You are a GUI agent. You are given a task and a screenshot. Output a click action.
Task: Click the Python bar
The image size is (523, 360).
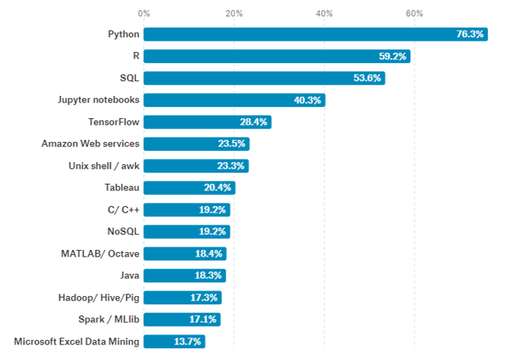point(315,34)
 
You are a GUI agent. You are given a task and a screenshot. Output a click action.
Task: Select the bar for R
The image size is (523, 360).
point(277,57)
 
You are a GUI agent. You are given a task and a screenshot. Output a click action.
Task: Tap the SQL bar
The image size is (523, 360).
point(264,78)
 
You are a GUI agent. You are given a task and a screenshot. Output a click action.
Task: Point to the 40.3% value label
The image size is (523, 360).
point(307,100)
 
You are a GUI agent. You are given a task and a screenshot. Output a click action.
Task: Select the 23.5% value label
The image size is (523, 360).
point(232,144)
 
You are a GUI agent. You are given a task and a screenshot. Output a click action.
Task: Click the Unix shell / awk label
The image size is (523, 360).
point(103,166)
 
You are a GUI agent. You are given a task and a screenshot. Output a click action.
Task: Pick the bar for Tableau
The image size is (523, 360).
point(189,188)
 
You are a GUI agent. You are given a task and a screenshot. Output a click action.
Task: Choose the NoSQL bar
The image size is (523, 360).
point(187,232)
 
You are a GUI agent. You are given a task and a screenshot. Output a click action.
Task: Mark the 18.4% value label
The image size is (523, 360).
point(209,254)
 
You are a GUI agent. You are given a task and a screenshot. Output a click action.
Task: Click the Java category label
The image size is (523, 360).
point(129,276)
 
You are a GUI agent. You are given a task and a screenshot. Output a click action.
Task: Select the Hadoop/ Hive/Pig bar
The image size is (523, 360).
point(182,298)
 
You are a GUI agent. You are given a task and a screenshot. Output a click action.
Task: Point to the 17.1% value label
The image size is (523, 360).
point(204,320)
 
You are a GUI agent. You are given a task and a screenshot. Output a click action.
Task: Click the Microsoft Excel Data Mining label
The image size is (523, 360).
point(77,341)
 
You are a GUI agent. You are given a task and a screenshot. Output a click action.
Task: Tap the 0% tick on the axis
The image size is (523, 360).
point(144,13)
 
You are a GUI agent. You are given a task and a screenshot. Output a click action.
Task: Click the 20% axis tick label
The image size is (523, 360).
point(234,13)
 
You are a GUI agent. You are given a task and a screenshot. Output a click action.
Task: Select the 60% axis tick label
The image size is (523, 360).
point(414,13)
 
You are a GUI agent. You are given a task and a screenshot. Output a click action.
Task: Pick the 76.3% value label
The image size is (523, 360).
point(470,34)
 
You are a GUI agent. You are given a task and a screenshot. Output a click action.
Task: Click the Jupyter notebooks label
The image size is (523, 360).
point(99,100)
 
